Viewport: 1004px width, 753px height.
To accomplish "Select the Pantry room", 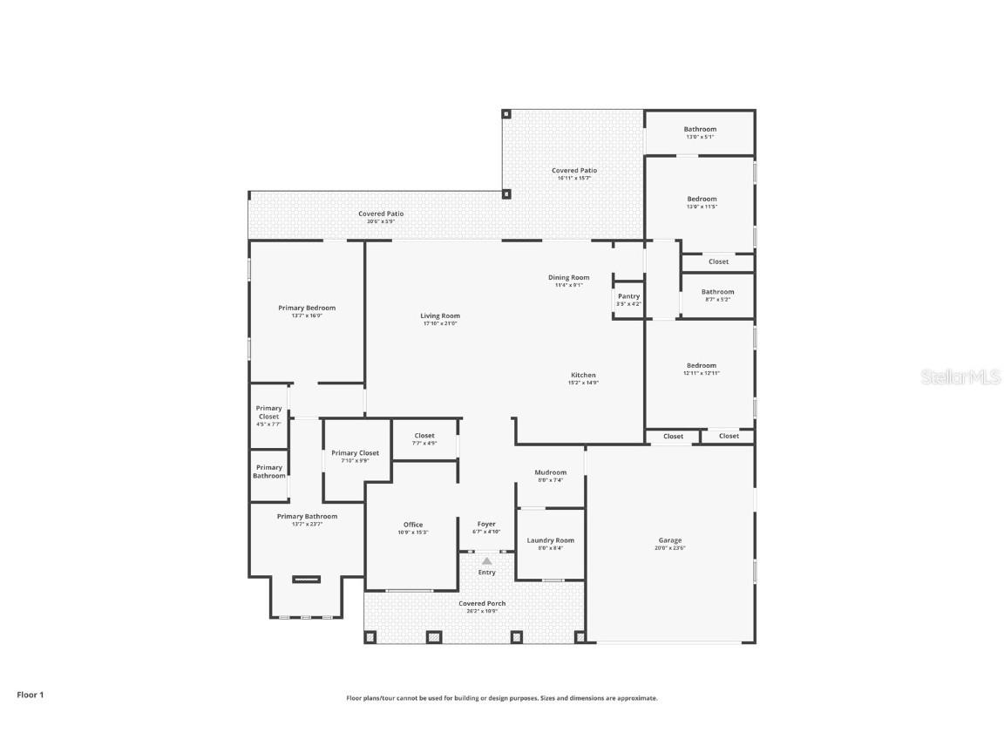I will click(628, 299).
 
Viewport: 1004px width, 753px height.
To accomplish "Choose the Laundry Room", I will click(550, 543).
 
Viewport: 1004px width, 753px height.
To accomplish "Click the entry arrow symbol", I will click(486, 561).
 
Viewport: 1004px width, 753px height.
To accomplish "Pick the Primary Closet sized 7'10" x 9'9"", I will click(355, 456).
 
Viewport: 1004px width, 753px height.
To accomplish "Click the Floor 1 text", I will click(30, 695).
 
